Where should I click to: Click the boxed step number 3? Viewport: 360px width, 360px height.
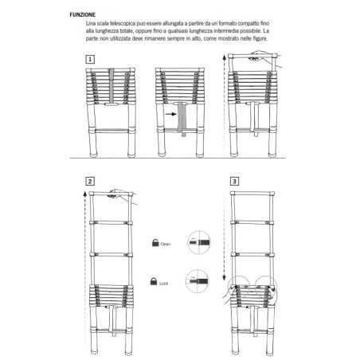point(234,182)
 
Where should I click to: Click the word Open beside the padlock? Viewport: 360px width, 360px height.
point(166,244)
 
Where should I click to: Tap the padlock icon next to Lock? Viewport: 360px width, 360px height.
point(152,280)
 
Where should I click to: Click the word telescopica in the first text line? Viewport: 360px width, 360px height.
point(124,25)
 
